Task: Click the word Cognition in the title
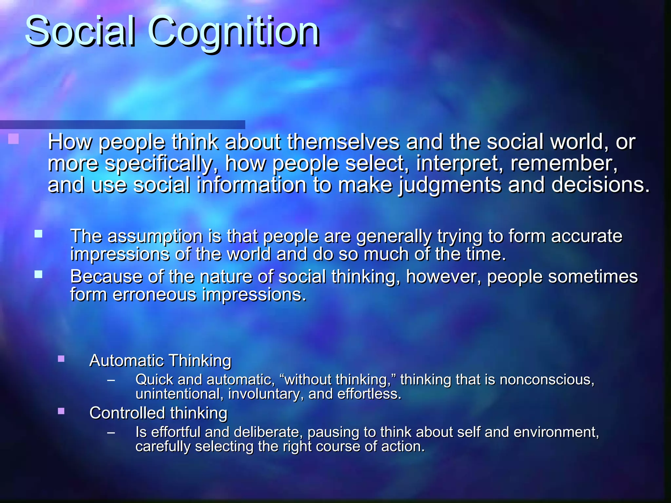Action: (x=234, y=32)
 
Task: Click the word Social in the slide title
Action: (x=80, y=32)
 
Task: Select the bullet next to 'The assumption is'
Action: (x=39, y=234)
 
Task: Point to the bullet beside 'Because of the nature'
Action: (x=39, y=274)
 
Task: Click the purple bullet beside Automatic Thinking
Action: (x=61, y=359)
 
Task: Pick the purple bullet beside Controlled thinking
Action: (x=61, y=411)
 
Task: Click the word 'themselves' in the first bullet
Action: (x=343, y=142)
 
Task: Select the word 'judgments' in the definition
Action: (x=450, y=185)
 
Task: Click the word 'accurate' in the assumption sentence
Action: (x=586, y=236)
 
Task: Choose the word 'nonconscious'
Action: (x=546, y=380)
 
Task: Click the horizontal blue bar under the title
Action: (x=123, y=124)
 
